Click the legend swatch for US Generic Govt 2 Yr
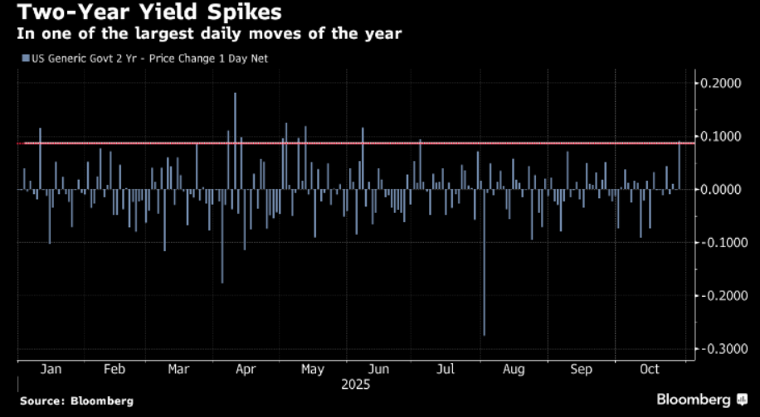coord(26,58)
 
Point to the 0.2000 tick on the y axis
coord(719,83)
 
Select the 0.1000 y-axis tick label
coord(719,136)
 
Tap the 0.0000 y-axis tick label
coord(719,189)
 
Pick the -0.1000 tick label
coord(716,242)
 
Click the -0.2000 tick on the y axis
coord(716,296)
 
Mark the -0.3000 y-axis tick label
coord(716,349)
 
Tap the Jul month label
coord(445,370)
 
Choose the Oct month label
coord(650,370)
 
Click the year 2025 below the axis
coord(354,385)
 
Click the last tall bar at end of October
coord(680,165)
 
